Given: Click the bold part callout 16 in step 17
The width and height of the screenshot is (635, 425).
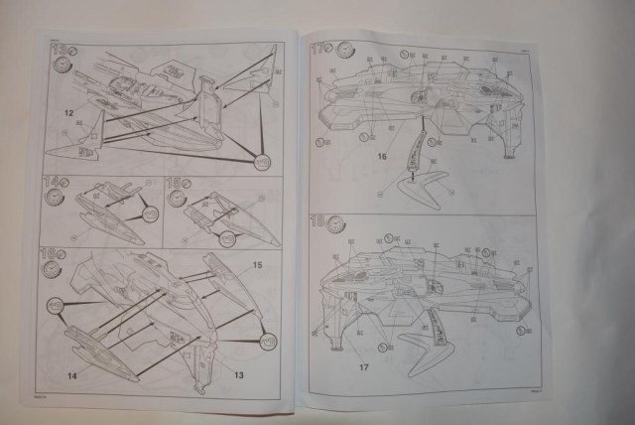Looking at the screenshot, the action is tap(381, 156).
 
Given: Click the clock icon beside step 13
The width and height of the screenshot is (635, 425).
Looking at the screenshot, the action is tap(63, 67).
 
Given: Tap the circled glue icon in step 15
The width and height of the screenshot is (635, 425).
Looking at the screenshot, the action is tap(227, 237).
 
